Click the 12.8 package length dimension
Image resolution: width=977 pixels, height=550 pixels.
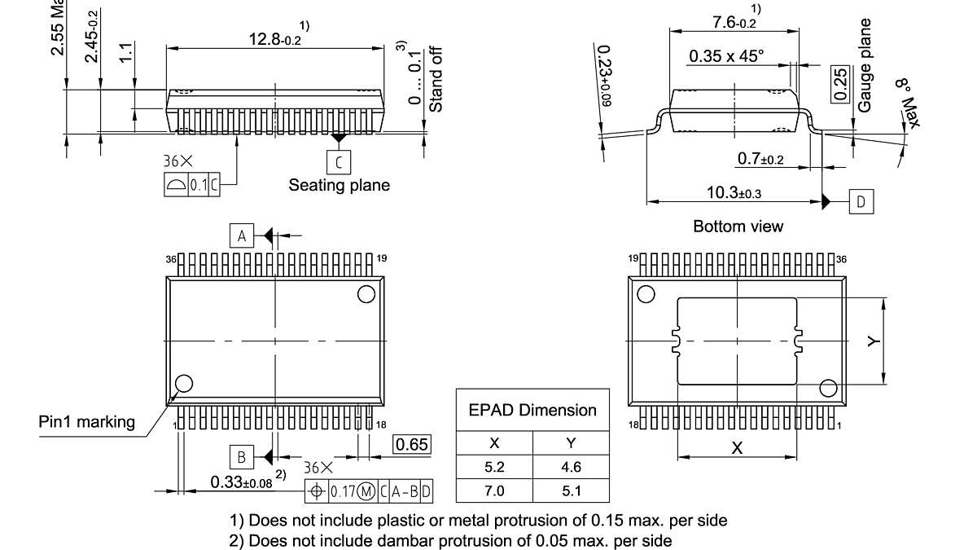(274, 39)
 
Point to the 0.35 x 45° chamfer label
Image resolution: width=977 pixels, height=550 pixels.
(726, 56)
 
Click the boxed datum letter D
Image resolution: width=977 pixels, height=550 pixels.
(862, 201)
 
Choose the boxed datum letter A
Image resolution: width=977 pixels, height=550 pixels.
(241, 236)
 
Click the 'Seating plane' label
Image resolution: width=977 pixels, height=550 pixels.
(339, 185)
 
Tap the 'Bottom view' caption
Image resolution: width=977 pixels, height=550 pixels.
(738, 227)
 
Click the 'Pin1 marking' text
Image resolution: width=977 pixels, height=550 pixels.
(87, 421)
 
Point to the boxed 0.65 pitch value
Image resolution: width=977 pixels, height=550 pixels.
(412, 444)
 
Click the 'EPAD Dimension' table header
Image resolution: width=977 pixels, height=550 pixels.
(532, 410)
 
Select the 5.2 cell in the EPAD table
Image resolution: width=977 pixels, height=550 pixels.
(494, 468)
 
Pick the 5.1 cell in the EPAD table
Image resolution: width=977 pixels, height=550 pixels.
(571, 491)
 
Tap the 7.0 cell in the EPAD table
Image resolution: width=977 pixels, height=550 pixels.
(494, 491)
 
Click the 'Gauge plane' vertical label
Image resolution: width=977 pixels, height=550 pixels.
(865, 65)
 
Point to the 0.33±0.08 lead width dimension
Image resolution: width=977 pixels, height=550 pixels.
(241, 482)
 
